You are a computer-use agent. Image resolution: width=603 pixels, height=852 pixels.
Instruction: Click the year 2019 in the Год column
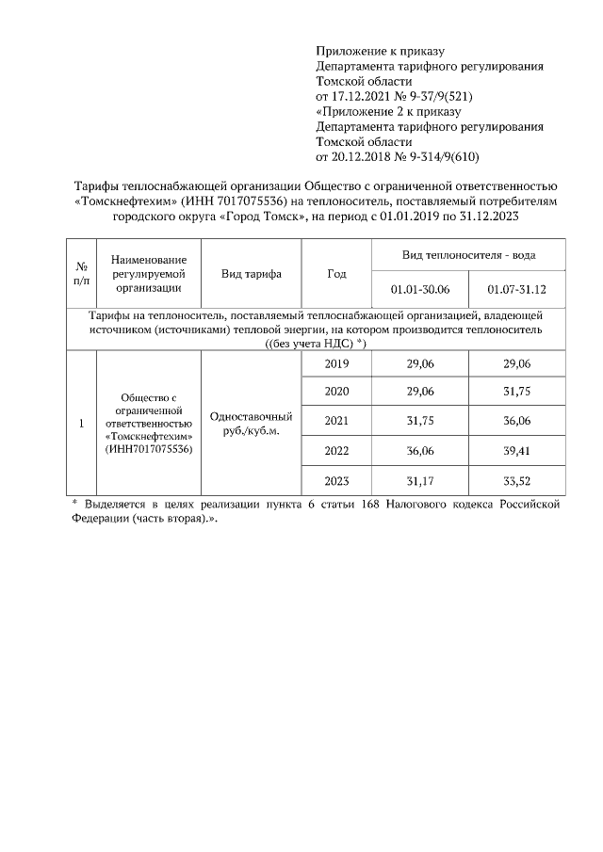336,363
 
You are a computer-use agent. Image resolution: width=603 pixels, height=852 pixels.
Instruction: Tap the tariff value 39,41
516,451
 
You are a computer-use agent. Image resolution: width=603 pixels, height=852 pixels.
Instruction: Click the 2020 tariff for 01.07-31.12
516,393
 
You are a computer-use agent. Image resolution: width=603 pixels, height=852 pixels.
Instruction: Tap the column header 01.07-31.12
516,288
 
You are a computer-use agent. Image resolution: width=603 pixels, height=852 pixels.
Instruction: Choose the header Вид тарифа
251,274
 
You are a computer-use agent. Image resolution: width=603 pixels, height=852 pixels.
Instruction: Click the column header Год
336,274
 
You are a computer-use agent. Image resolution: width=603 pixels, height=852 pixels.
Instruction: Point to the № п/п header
81,274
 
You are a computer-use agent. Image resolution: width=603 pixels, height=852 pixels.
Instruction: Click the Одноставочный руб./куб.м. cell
251,423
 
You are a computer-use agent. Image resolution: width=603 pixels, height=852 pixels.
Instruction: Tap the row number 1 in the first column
81,423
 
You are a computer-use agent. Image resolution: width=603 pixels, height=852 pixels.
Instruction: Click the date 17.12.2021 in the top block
361,96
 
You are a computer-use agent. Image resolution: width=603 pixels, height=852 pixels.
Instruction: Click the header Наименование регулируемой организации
148,274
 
